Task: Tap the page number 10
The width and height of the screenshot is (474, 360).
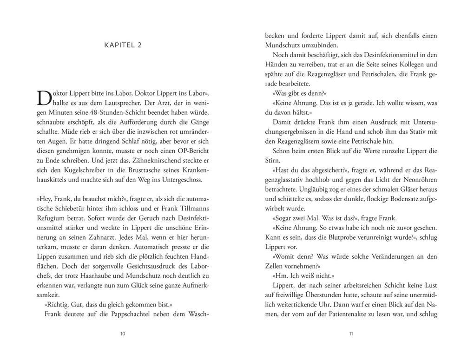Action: click(123, 333)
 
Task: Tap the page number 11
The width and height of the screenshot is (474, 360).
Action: click(351, 333)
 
